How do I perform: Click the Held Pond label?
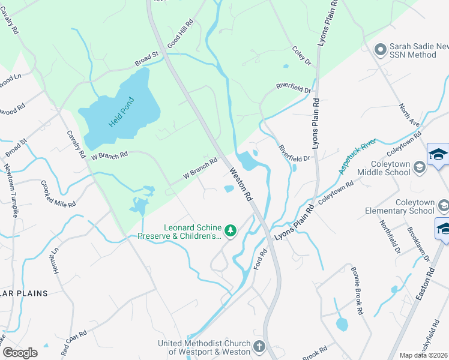(x=121, y=112)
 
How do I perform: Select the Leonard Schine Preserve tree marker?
(x=230, y=230)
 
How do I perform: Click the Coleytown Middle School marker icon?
(x=420, y=166)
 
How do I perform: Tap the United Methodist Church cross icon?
(x=259, y=346)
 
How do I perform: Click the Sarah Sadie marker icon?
(x=379, y=49)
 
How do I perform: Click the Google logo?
(x=20, y=352)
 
